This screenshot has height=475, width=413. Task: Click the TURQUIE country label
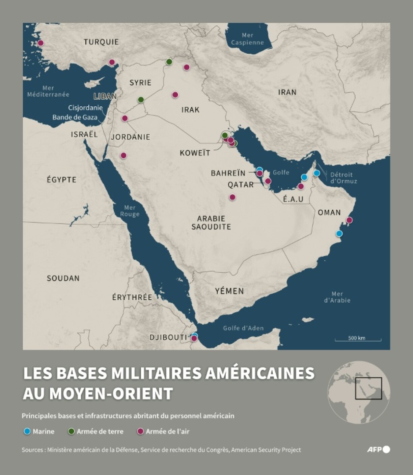(101, 42)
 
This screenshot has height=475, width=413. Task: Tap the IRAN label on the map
(287, 92)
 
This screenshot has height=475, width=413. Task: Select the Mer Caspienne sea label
(247, 39)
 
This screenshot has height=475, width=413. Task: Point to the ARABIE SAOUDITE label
(211, 222)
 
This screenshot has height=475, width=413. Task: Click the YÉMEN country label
(229, 291)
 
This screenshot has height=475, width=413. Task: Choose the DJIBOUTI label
(168, 337)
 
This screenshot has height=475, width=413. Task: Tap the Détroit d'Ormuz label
(343, 178)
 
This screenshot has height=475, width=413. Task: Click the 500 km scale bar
(358, 339)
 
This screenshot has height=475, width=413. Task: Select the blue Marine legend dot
(27, 431)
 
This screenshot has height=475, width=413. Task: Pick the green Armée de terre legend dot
(72, 431)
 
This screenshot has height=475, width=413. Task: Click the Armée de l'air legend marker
(140, 431)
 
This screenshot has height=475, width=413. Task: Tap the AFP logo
(378, 449)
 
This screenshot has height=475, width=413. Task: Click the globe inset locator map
(359, 392)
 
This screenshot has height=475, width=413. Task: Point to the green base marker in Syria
(141, 100)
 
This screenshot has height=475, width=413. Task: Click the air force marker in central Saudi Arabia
(232, 197)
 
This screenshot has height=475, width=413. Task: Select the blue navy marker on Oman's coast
(339, 233)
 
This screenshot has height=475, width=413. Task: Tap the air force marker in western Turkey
(40, 43)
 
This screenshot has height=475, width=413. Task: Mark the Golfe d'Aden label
(243, 328)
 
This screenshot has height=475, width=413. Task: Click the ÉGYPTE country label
(61, 180)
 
